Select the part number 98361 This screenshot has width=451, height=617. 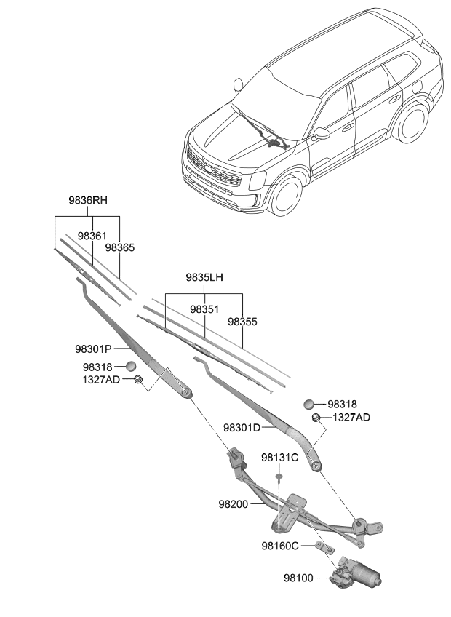pyautogui.click(x=92, y=236)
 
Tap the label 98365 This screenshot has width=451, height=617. pyautogui.click(x=120, y=247)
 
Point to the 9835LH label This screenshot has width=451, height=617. pyautogui.click(x=204, y=277)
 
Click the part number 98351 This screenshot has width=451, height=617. pyautogui.click(x=204, y=309)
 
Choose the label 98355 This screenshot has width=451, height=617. pyautogui.click(x=242, y=321)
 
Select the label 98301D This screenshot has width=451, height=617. pyautogui.click(x=242, y=428)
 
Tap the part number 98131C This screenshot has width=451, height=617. pyautogui.click(x=279, y=458)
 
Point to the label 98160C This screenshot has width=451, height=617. pyautogui.click(x=280, y=545)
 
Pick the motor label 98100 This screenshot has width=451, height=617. pyautogui.click(x=298, y=578)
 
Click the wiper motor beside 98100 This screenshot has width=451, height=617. pyautogui.click(x=358, y=576)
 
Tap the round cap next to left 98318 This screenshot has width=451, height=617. pyautogui.click(x=132, y=367)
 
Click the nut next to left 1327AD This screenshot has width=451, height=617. pyautogui.click(x=137, y=379)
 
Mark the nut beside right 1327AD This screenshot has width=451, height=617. pyautogui.click(x=316, y=418)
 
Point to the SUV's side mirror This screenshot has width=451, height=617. pyautogui.click(x=322, y=133)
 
